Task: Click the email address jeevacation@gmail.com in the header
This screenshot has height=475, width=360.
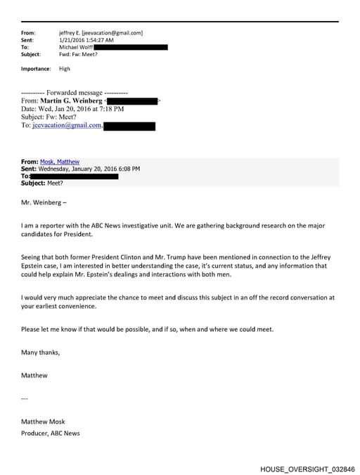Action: (x=112, y=33)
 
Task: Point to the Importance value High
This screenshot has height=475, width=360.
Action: (x=65, y=69)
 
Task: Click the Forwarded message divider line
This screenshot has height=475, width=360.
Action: (x=75, y=92)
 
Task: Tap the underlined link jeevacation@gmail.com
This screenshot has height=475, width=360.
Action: (x=67, y=126)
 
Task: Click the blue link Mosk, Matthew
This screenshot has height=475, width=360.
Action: (x=60, y=162)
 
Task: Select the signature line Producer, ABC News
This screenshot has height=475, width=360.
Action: (x=50, y=433)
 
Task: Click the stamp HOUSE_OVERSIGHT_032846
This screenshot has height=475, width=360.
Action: (x=307, y=468)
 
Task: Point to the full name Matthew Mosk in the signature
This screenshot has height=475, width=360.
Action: (x=44, y=422)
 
